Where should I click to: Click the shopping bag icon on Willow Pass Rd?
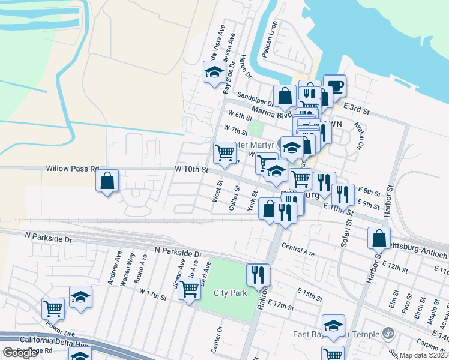107,181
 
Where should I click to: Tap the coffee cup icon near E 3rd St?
334,85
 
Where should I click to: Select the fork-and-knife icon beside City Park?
258,275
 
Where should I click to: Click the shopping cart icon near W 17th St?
189,289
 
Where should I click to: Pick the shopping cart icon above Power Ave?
53,308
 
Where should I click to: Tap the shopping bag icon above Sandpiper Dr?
285,96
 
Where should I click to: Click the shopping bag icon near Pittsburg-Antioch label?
379,238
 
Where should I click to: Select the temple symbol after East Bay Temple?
387,334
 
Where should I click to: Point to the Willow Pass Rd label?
72,169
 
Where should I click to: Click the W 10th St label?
191,170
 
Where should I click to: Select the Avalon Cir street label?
360,136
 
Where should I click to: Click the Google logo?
20,353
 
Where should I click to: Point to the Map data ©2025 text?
424,355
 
